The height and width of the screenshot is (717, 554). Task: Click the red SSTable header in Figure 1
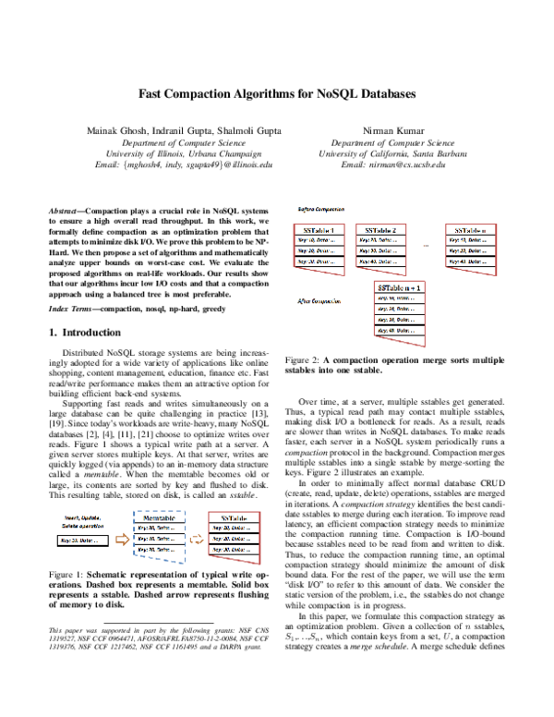235,520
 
